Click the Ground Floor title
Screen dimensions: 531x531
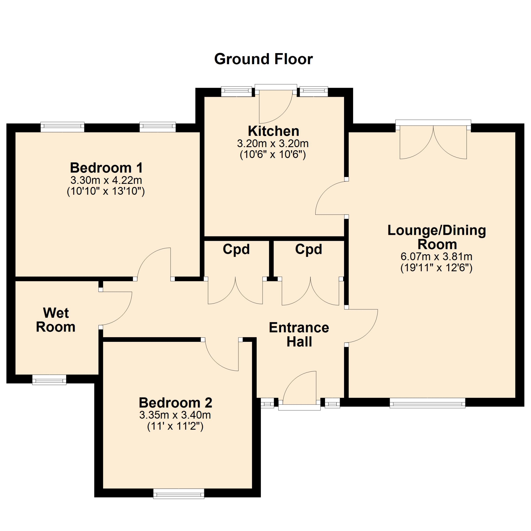pos(264,59)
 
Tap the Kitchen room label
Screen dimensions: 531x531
pos(274,131)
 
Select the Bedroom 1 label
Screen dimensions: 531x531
pos(106,168)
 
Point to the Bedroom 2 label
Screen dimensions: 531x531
pos(175,403)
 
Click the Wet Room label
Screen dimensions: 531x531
pos(56,320)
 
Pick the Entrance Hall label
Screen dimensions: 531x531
pos(299,335)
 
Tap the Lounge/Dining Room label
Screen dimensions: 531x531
pos(437,237)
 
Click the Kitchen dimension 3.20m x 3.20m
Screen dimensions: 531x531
pos(273,144)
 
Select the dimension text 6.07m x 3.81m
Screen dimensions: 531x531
pos(436,257)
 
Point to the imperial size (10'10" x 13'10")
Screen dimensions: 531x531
pos(106,191)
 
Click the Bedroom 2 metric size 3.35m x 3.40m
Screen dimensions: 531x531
pos(175,415)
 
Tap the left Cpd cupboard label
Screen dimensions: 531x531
pos(236,249)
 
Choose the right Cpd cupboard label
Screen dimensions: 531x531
pos(309,249)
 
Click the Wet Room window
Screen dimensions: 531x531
pos(49,380)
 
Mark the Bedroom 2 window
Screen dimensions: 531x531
pos(179,494)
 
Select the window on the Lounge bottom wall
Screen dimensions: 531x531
pos(428,403)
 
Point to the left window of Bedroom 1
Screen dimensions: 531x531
pos(63,127)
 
